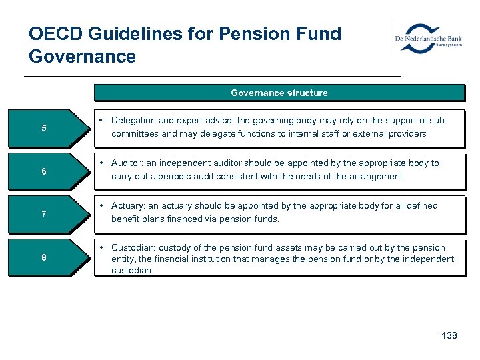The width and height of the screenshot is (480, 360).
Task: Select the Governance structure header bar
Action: [x=279, y=93]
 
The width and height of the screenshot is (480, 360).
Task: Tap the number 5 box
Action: [x=45, y=128]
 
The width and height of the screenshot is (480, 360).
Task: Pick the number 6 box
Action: [x=45, y=171]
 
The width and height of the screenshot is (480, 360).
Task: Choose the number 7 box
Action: [x=45, y=214]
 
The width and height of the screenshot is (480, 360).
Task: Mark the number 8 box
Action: [x=45, y=257]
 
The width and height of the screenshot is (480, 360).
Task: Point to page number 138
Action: [x=449, y=335]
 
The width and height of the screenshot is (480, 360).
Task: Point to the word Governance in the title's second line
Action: [x=82, y=57]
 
